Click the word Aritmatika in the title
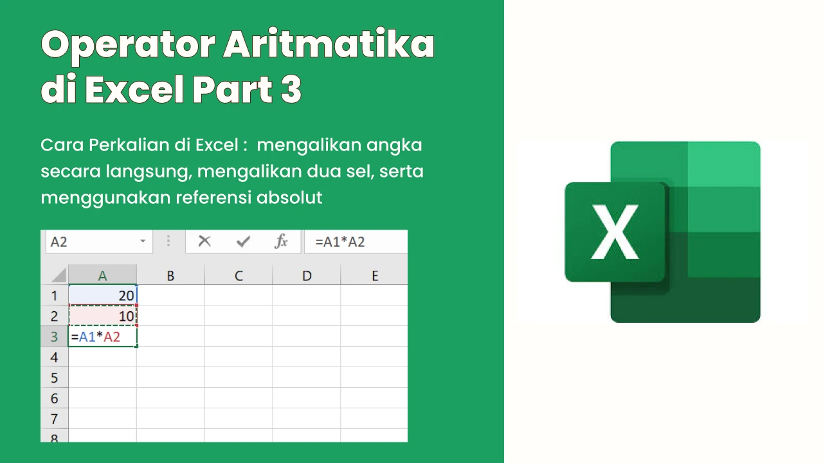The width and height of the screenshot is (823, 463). (x=329, y=44)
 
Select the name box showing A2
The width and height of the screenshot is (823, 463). (x=99, y=242)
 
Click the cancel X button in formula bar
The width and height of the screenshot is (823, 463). (x=204, y=241)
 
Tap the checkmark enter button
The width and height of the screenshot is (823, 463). (x=243, y=241)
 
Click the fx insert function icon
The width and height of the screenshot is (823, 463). (x=281, y=241)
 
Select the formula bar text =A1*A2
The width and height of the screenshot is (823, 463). (x=340, y=242)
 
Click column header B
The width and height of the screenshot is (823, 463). (x=170, y=275)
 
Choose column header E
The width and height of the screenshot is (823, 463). (x=374, y=275)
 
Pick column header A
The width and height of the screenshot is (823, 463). (x=102, y=275)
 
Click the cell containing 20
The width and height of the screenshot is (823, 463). (x=102, y=295)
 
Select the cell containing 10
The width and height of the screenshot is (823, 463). (x=102, y=316)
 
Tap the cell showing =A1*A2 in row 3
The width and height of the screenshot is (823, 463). (x=102, y=336)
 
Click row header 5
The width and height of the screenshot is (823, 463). (x=55, y=377)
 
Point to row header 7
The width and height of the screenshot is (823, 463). (x=55, y=419)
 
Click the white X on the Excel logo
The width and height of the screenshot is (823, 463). (x=615, y=232)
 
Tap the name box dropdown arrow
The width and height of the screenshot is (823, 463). (x=143, y=241)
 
